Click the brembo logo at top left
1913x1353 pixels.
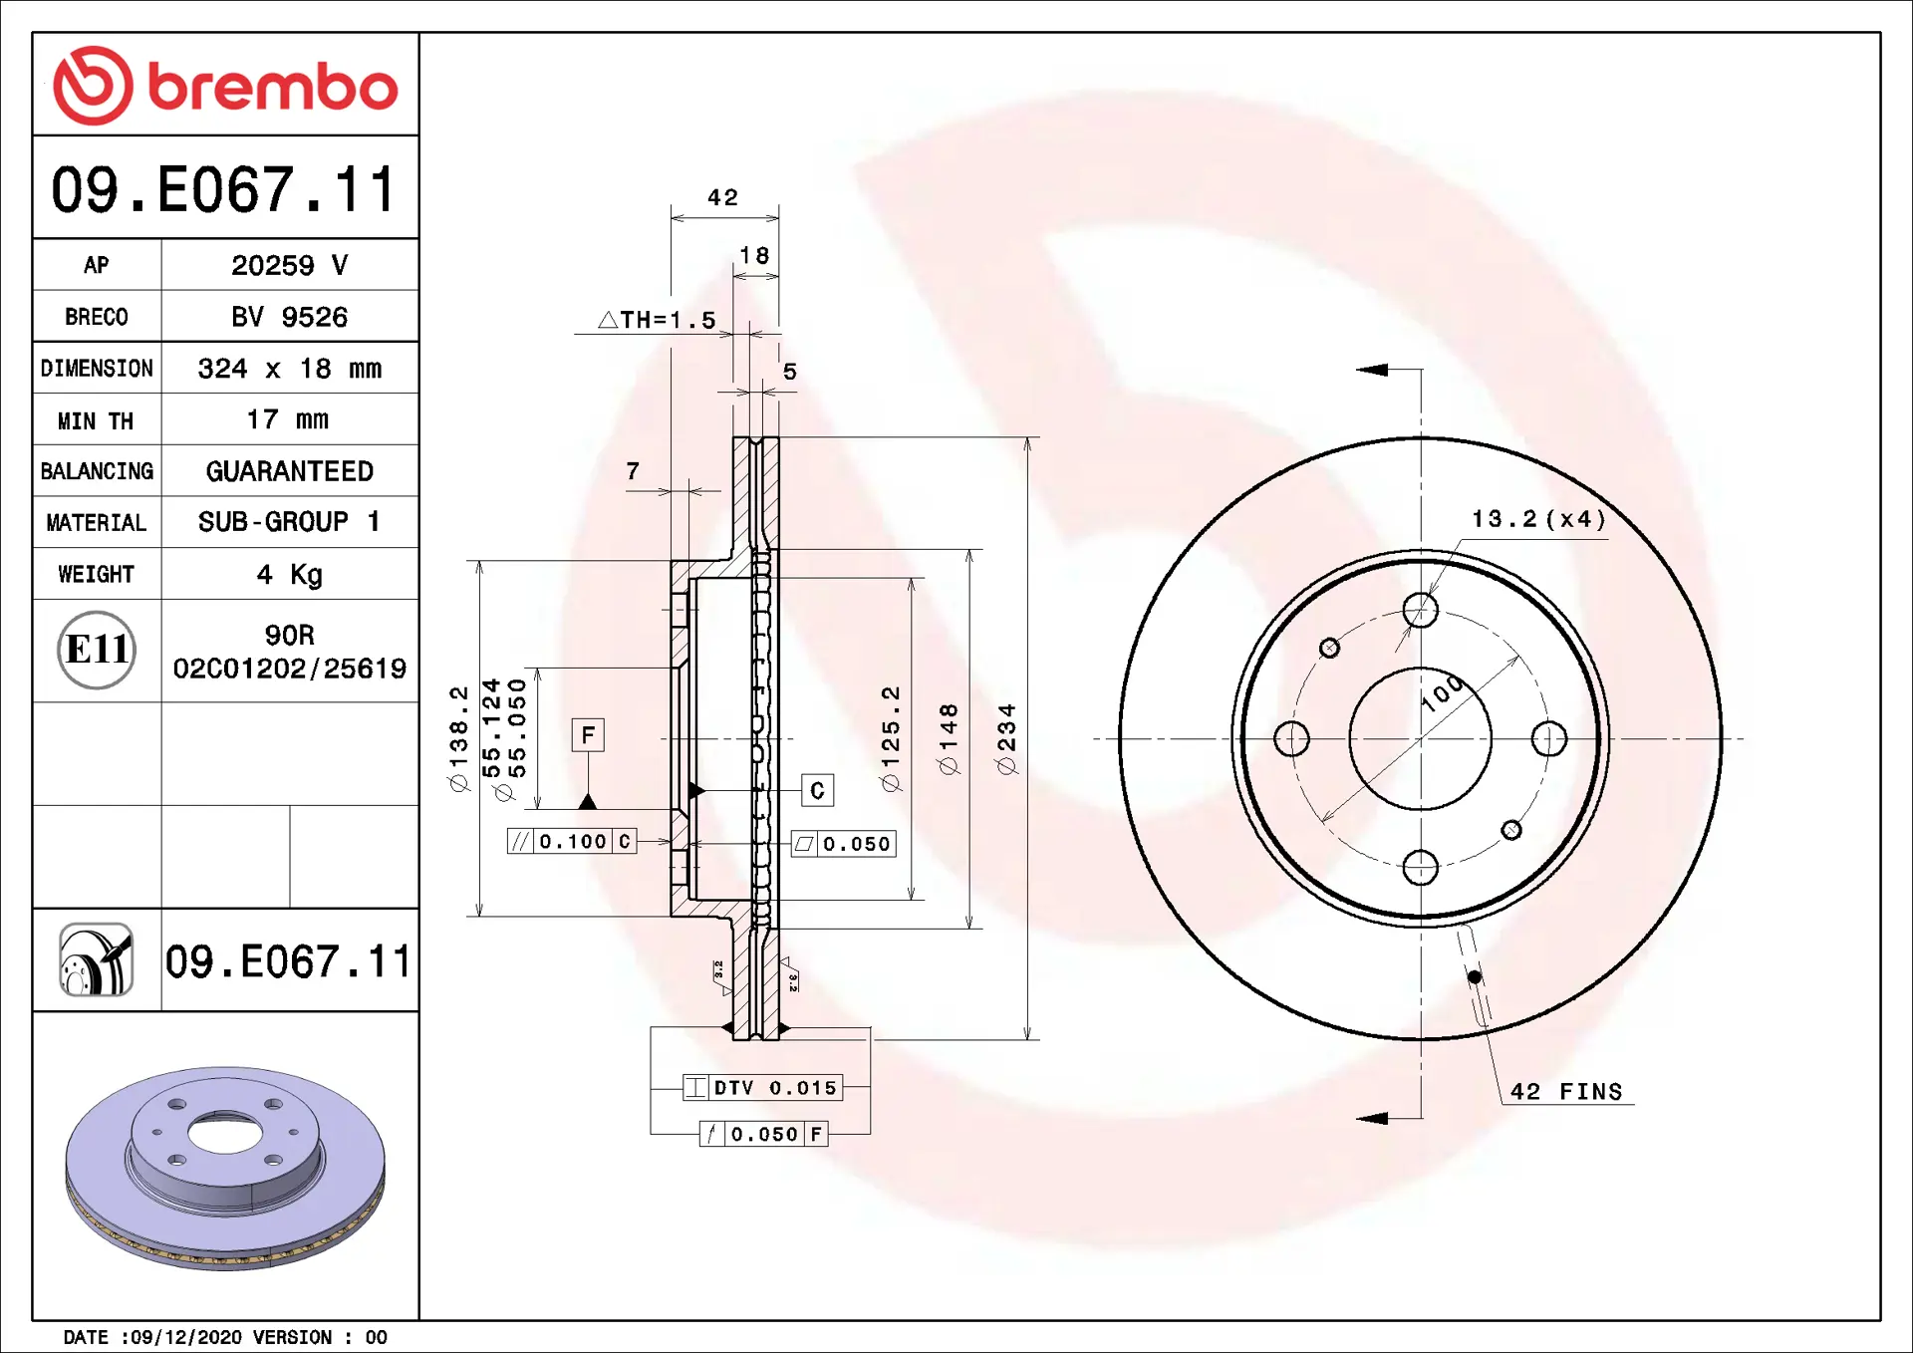point(225,85)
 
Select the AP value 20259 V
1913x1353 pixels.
point(289,265)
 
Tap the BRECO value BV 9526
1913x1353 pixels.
point(289,317)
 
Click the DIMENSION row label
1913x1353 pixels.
point(97,369)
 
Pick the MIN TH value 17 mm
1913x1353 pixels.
point(287,419)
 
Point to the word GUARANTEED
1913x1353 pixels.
point(289,471)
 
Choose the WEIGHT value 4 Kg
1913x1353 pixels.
point(289,575)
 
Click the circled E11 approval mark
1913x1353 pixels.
point(97,650)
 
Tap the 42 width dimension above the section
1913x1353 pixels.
point(723,197)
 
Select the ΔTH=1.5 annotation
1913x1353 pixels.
point(658,320)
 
